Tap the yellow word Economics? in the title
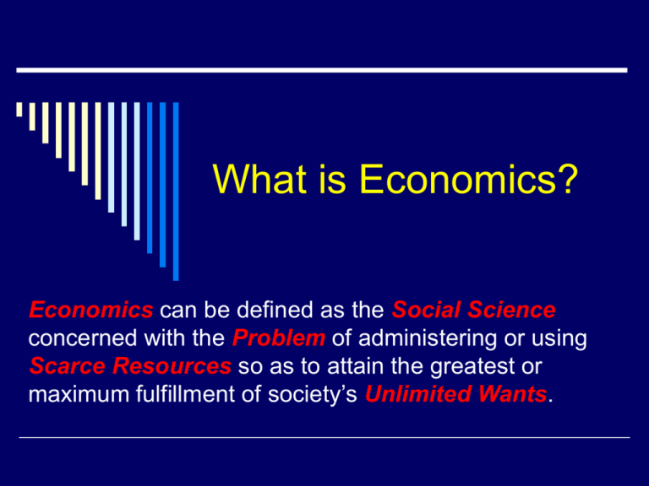[x=468, y=179]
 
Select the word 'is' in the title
[x=332, y=179]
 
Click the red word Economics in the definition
[x=91, y=310]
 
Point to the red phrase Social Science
[x=473, y=310]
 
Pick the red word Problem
[x=279, y=337]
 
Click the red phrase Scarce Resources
[x=130, y=365]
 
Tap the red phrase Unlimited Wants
[x=455, y=394]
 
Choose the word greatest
[x=472, y=367]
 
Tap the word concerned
[x=83, y=338]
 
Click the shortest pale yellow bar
[x=19, y=109]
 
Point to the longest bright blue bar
[x=176, y=192]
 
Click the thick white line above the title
[x=322, y=70]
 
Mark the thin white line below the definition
[x=324, y=437]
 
